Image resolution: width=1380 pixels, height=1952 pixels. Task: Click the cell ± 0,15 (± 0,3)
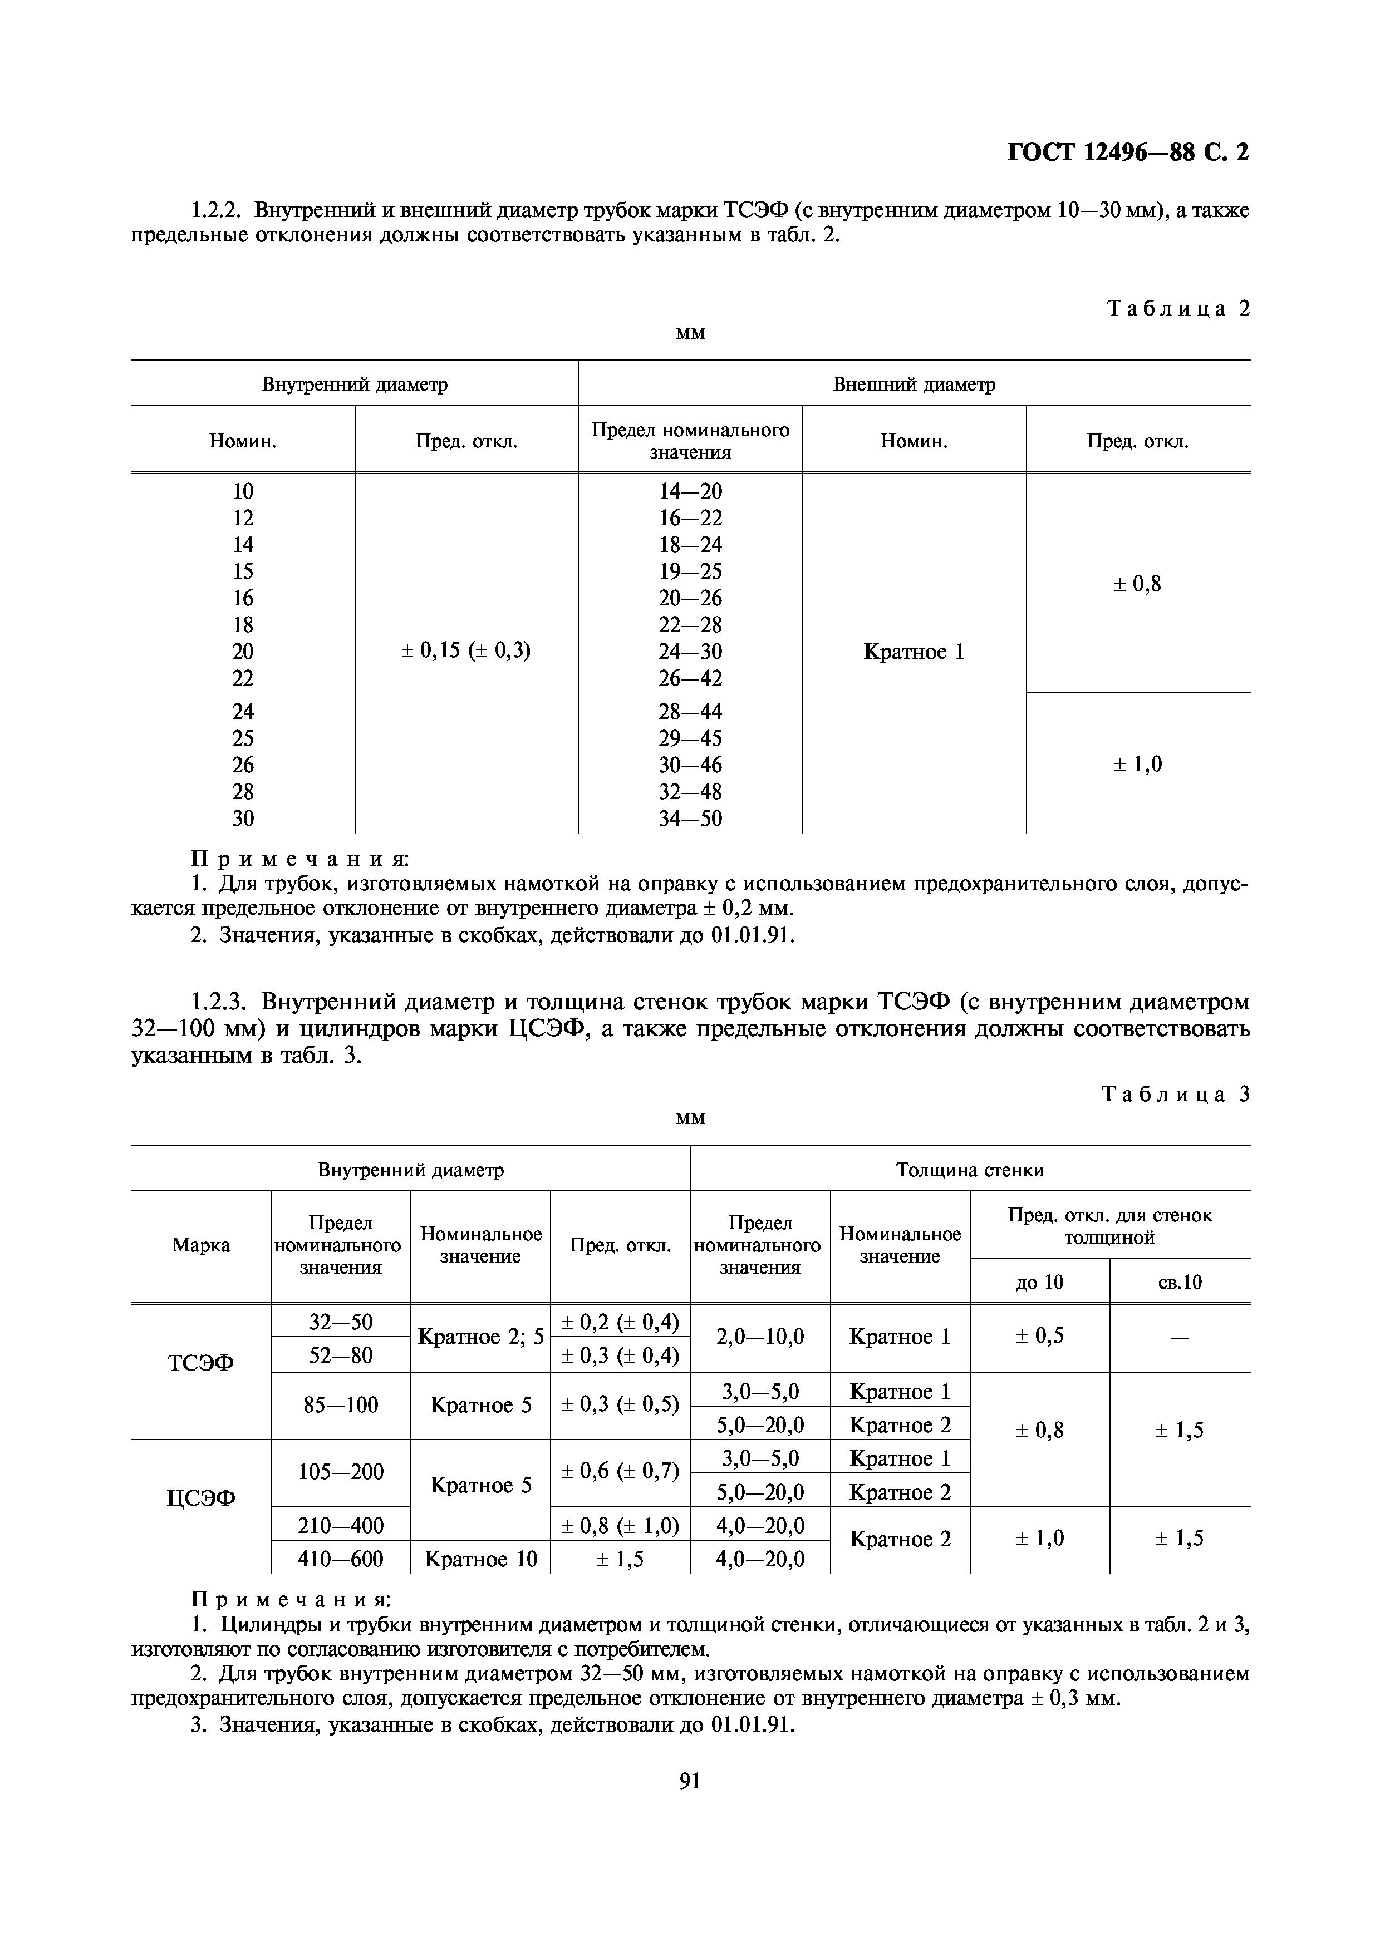pos(466,651)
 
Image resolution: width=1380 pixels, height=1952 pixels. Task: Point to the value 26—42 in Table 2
pos(690,678)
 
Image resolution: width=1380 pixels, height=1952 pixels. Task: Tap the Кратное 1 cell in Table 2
pos(914,652)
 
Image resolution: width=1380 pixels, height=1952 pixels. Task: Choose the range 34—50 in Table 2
pos(690,819)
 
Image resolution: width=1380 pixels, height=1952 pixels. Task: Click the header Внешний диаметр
pos(914,385)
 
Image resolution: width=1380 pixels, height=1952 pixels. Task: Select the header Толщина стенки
pos(969,1170)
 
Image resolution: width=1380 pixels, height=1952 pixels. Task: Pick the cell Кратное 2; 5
pos(480,1337)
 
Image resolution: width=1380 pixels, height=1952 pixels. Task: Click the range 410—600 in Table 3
pos(340,1559)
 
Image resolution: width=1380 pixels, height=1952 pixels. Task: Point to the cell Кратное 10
pos(480,1559)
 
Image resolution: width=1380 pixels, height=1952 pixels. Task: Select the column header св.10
pos(1180,1282)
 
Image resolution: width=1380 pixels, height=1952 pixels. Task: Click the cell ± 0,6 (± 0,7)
pos(620,1471)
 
